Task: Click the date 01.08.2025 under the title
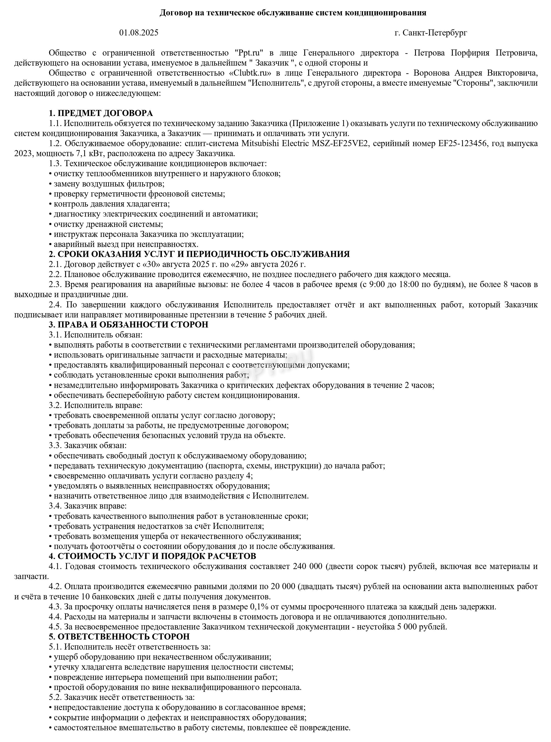click(139, 33)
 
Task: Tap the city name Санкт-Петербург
click(435, 33)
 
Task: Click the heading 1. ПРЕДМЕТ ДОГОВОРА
click(101, 113)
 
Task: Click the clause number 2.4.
click(55, 304)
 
